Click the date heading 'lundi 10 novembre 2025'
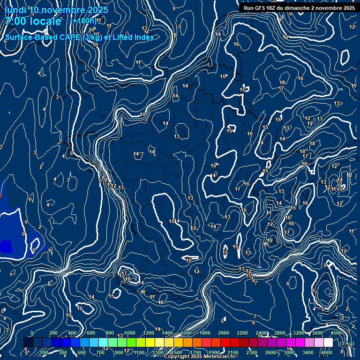(56, 10)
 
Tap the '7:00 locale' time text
(33, 21)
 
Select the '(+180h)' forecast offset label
(83, 21)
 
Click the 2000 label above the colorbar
(224, 333)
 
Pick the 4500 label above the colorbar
(336, 333)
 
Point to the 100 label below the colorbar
(44, 352)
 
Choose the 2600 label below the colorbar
(270, 352)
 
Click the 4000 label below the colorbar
(327, 352)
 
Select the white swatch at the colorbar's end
(329, 343)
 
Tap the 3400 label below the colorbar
(308, 352)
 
